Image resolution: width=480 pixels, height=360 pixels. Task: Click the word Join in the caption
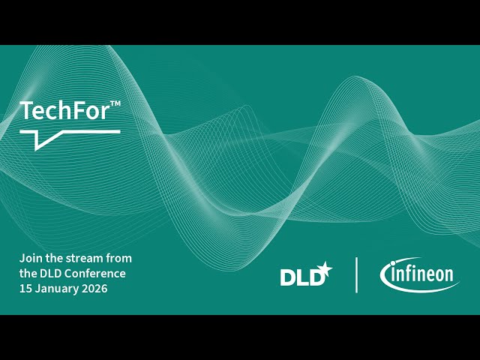click(29, 258)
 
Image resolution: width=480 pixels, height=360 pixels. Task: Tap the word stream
click(82, 258)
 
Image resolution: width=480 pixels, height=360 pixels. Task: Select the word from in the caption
click(118, 258)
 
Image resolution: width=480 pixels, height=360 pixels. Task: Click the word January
click(56, 289)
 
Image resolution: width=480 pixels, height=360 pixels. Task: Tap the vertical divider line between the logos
click(356, 274)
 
